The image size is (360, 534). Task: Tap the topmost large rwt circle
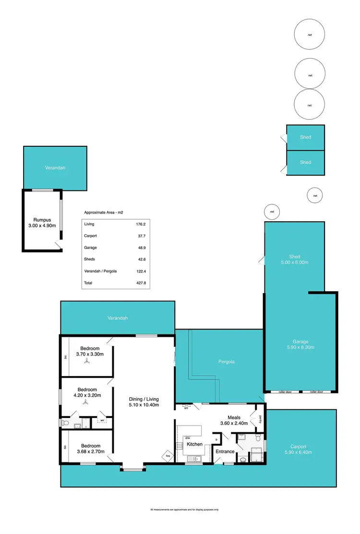(x=310, y=34)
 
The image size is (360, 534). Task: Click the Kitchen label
(x=194, y=444)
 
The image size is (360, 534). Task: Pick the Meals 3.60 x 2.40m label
(x=234, y=420)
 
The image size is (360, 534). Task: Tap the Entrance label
(x=225, y=451)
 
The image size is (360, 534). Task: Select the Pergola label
(x=226, y=362)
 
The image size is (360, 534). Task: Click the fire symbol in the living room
(x=168, y=456)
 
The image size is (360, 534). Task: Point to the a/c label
(x=186, y=408)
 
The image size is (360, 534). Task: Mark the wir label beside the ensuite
(x=101, y=421)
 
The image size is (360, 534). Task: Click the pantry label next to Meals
(x=259, y=419)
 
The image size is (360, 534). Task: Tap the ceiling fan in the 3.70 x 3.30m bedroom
(x=87, y=362)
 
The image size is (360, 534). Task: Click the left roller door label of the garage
(x=285, y=392)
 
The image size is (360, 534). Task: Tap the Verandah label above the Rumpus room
(x=55, y=168)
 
